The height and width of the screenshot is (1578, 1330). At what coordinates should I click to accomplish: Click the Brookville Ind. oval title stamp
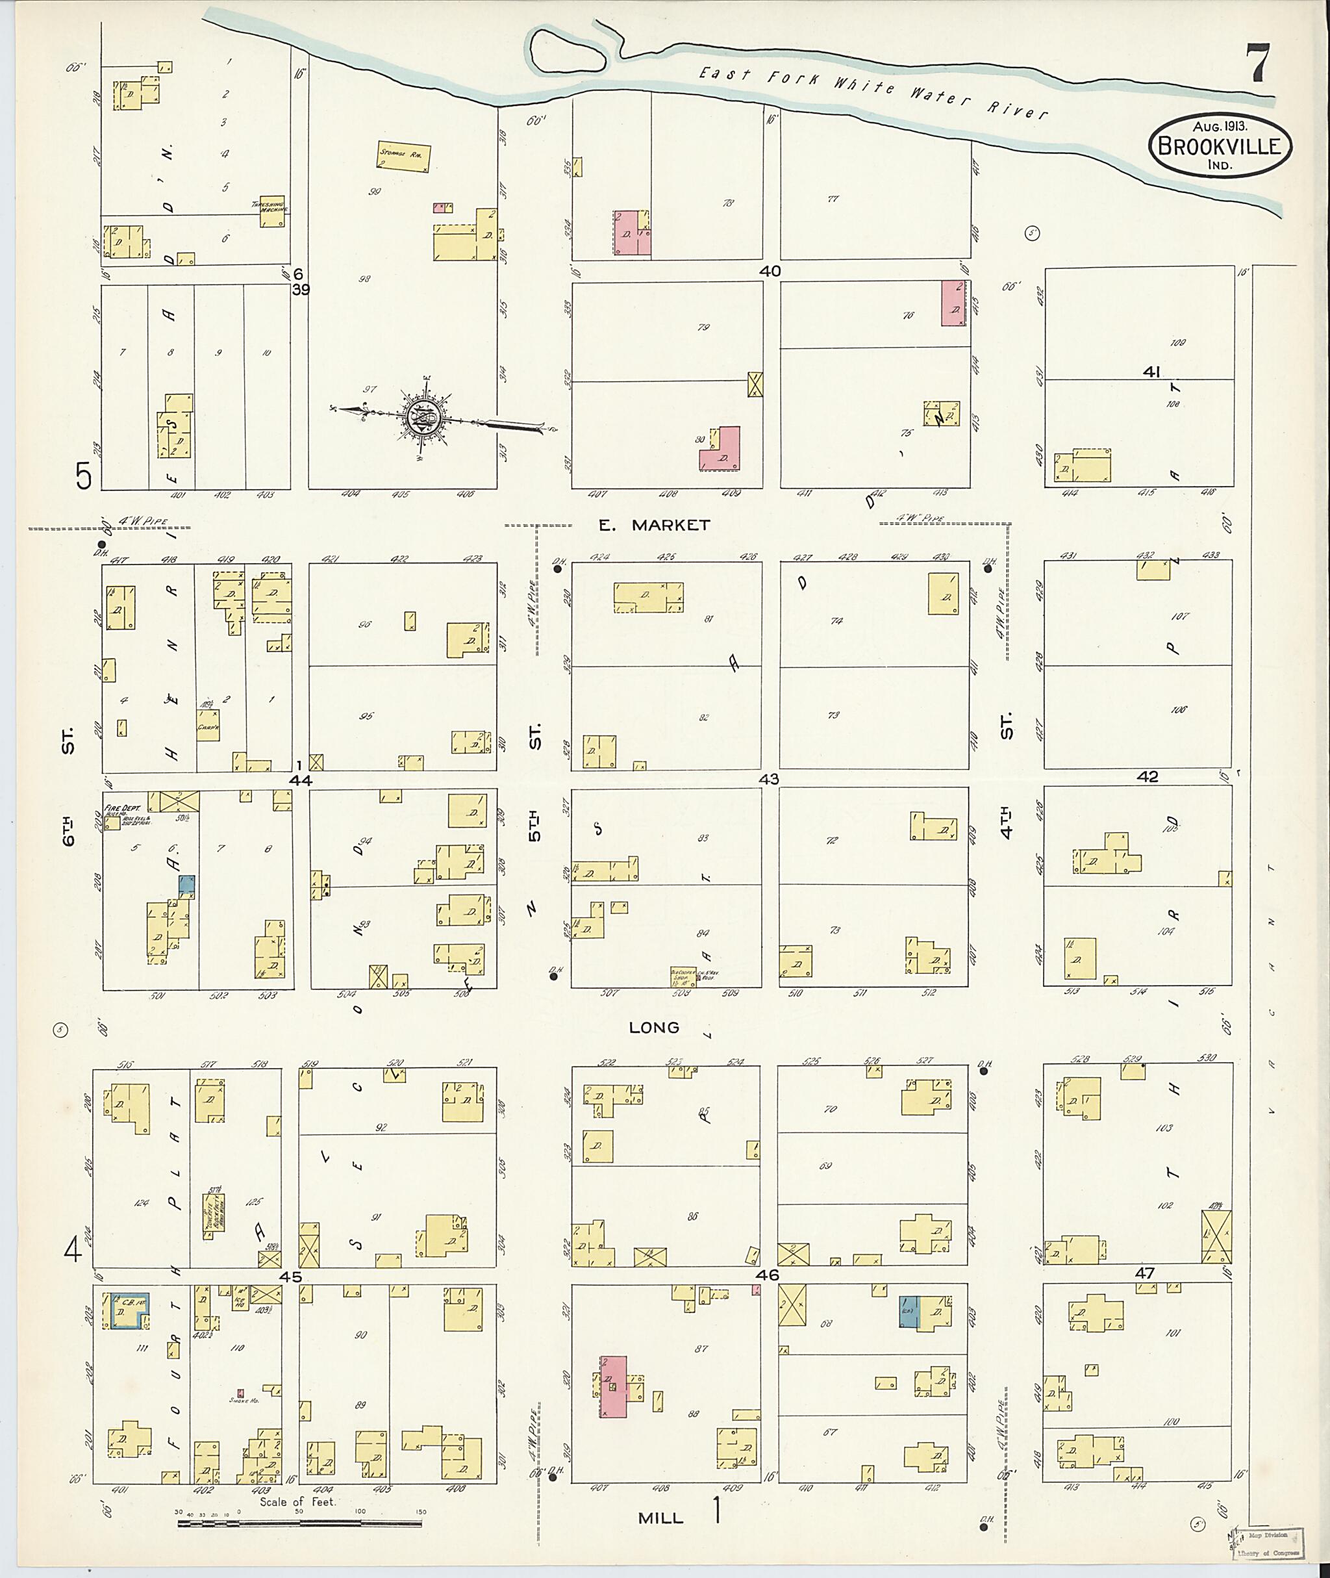click(1219, 146)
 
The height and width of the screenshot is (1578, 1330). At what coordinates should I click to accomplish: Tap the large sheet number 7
click(1256, 64)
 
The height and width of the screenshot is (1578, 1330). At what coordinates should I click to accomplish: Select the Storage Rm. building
click(404, 156)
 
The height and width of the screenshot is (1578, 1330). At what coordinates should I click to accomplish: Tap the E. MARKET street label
click(655, 526)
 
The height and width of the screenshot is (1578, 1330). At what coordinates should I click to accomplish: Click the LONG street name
click(655, 1027)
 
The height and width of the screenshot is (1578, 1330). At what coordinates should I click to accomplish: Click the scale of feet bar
click(299, 1523)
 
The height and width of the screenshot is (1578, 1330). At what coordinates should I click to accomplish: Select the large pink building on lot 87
click(614, 1386)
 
